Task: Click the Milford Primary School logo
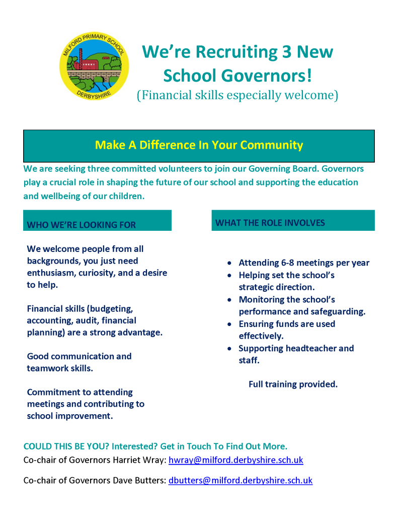(94, 66)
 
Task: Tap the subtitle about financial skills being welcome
(237, 95)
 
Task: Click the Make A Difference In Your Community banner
(199, 145)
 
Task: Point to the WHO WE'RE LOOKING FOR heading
(82, 225)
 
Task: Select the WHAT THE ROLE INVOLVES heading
(270, 223)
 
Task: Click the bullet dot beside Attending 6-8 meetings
(229, 263)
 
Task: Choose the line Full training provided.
(293, 384)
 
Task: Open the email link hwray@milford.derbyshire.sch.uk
(235, 460)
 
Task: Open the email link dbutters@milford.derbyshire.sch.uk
(240, 480)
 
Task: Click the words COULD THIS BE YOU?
(66, 446)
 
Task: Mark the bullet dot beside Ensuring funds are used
(229, 324)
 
